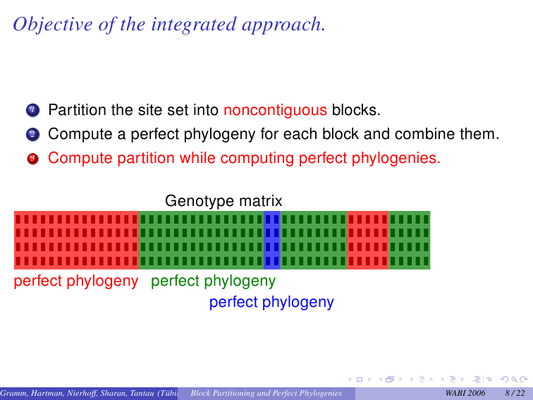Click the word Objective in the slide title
point(53,25)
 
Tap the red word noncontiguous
point(276,110)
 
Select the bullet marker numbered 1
point(32,110)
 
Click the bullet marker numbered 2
point(32,134)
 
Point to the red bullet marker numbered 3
point(32,159)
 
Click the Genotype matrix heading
point(223,201)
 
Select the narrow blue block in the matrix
point(272,240)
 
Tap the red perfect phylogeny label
point(76,281)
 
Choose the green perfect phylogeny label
point(213,281)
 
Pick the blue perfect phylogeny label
point(271,302)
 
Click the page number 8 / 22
point(515,393)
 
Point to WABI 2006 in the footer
point(465,393)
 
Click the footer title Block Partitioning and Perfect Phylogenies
point(266,393)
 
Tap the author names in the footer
point(89,393)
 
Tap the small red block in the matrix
point(368,240)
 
